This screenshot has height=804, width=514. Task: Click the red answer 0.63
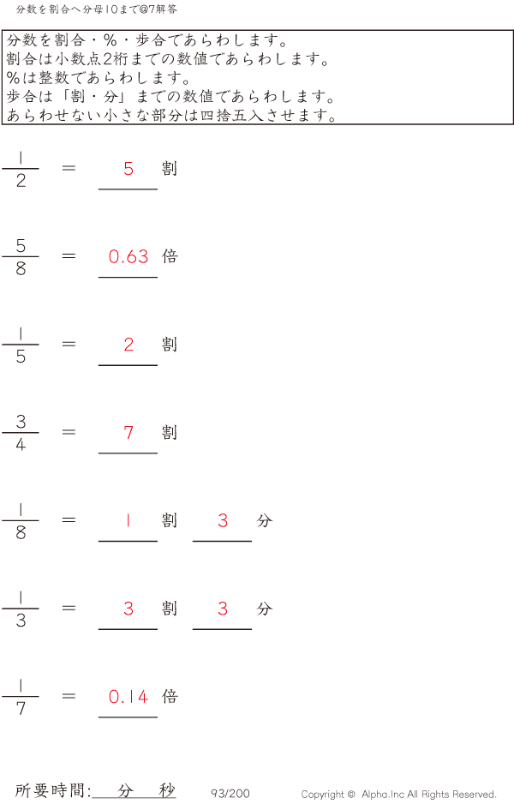click(128, 256)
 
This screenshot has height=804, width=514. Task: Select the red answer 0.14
click(128, 697)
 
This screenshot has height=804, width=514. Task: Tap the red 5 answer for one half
click(128, 168)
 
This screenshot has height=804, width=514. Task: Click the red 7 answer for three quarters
click(128, 432)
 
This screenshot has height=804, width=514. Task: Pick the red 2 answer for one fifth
click(128, 345)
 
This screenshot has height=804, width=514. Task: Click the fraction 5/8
click(21, 256)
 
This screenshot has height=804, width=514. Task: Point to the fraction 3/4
click(21, 433)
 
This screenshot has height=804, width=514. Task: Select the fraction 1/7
click(21, 697)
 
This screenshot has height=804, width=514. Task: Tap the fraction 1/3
click(21, 609)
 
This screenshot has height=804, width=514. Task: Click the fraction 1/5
click(21, 345)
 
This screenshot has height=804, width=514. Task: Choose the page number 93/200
click(230, 794)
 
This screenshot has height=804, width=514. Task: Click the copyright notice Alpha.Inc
click(398, 795)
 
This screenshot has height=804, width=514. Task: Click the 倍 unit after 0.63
click(170, 256)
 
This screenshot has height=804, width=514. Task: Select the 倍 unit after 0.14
click(170, 697)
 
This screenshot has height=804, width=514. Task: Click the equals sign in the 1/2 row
click(69, 168)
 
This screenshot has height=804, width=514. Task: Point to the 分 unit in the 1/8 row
click(264, 520)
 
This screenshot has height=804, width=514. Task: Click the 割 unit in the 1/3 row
click(170, 609)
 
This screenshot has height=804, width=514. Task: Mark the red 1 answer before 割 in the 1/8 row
click(128, 520)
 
